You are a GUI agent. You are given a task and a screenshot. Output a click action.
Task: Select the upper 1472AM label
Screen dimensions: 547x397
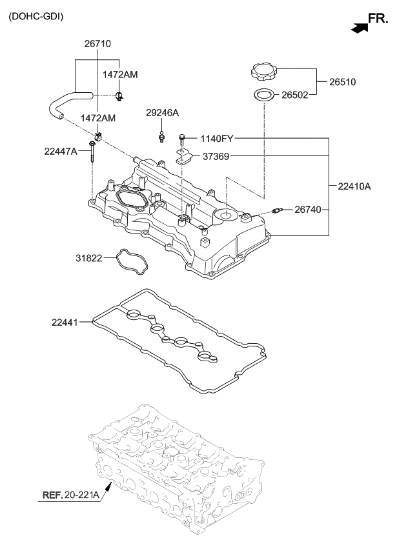(120, 75)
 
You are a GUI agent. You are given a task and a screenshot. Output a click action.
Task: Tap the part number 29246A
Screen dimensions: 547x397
(162, 112)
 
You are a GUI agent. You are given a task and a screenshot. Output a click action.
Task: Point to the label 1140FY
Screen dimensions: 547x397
(217, 138)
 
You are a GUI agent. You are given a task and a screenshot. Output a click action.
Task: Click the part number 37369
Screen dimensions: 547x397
(218, 156)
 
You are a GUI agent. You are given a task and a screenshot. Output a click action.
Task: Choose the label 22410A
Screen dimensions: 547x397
(354, 186)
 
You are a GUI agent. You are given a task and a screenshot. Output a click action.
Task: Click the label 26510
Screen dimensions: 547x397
(343, 82)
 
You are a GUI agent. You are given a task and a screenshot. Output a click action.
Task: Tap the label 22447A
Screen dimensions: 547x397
(61, 151)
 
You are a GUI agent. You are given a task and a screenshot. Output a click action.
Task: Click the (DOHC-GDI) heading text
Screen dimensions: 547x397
(36, 16)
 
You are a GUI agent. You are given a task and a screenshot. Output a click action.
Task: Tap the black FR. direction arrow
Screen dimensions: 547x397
(358, 26)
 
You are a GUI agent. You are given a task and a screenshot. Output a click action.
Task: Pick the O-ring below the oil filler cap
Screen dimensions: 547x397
(264, 95)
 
